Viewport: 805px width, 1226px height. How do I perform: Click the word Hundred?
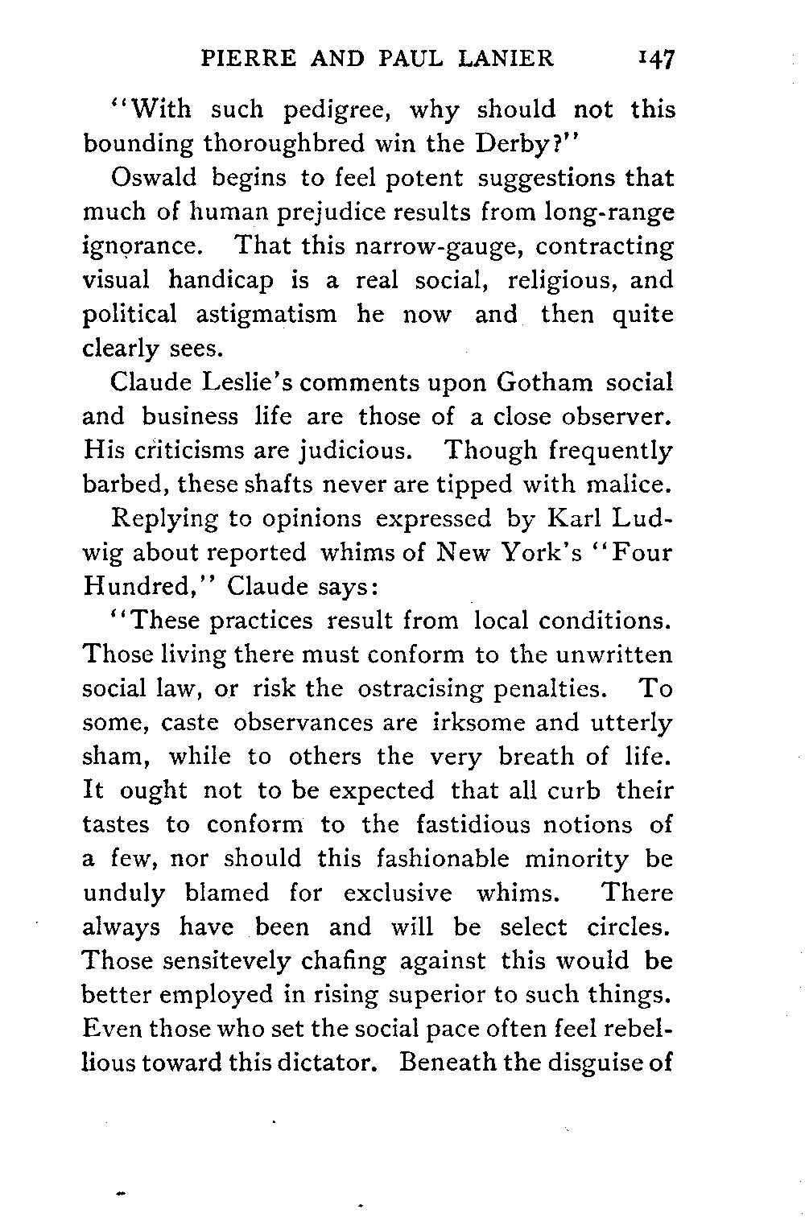coord(151,587)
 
